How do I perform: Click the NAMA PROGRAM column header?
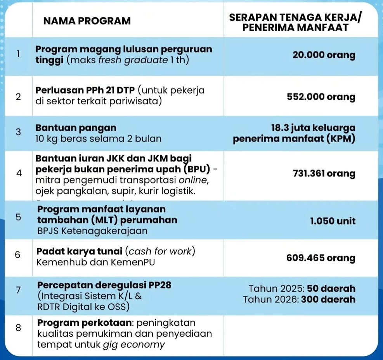pos(87,21)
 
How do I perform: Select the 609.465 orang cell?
pos(321,258)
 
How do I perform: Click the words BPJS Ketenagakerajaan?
pos(92,231)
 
